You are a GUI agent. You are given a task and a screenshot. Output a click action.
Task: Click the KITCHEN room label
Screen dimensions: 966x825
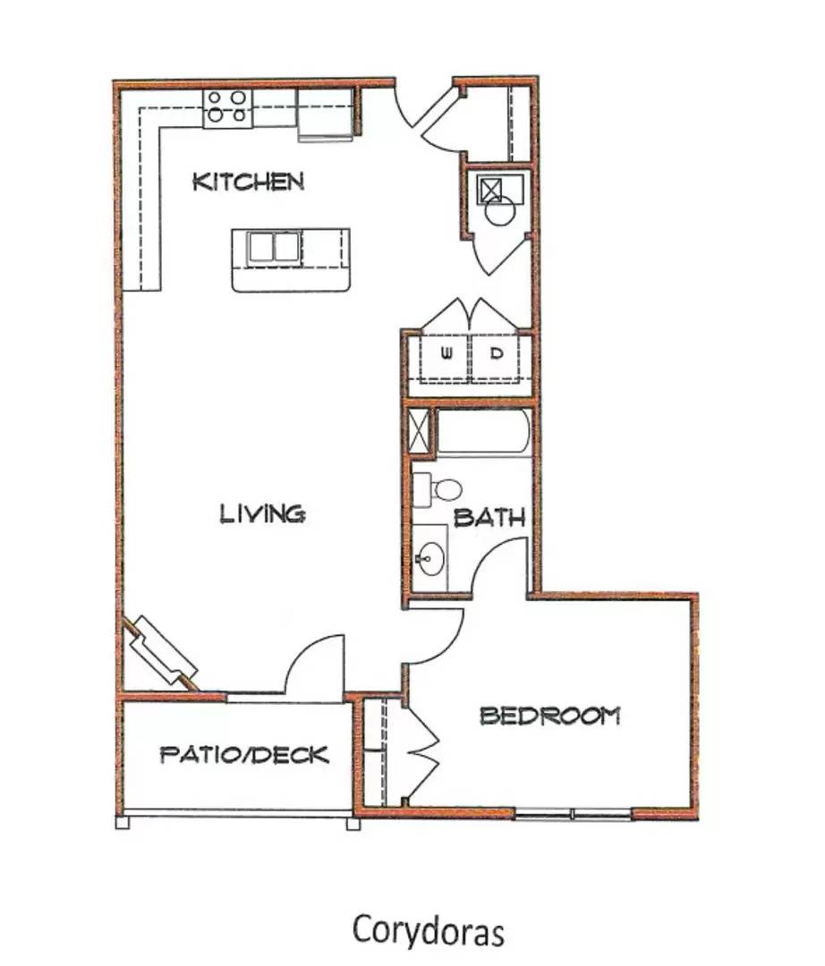coord(249,182)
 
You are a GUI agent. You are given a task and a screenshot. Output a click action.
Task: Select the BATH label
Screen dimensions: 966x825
coord(489,518)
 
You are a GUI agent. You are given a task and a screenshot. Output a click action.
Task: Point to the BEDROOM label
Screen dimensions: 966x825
coord(549,716)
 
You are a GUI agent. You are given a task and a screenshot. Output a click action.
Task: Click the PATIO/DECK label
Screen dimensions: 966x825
coord(244,755)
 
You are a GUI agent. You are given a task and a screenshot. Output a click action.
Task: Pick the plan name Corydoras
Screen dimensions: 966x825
coord(429,929)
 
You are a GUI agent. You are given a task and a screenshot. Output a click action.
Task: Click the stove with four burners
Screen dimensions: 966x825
coord(227,107)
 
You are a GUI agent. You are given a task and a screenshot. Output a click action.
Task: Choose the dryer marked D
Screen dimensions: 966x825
coord(498,353)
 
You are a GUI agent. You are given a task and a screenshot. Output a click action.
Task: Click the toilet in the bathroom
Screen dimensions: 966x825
coord(440,488)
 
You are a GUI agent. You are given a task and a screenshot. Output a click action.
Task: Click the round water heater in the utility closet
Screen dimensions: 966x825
coord(498,211)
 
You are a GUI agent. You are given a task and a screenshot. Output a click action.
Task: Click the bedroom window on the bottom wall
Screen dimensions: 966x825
coord(574,814)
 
